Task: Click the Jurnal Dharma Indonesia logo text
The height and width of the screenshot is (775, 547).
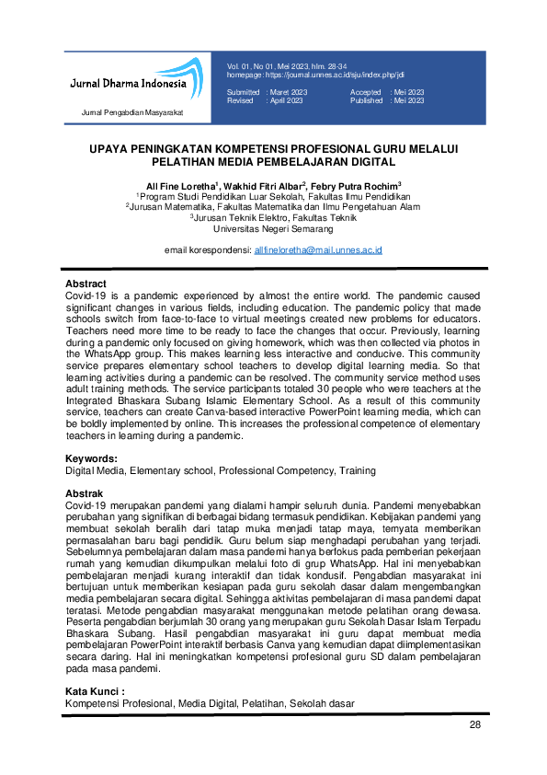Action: [x=128, y=84]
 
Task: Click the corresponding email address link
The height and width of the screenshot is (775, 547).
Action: [x=317, y=249]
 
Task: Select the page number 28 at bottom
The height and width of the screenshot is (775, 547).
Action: [x=475, y=725]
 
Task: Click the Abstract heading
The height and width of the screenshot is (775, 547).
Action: [x=85, y=283]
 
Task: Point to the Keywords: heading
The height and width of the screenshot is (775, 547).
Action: [x=91, y=458]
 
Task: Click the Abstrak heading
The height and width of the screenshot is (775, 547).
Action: [x=84, y=494]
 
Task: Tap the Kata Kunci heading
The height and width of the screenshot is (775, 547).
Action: [x=94, y=691]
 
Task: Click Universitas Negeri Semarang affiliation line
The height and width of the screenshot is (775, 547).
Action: [x=273, y=228]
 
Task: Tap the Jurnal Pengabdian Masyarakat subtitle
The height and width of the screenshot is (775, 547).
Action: [x=132, y=112]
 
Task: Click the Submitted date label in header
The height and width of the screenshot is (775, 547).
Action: [x=244, y=93]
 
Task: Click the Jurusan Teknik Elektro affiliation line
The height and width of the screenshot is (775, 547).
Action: [x=273, y=217]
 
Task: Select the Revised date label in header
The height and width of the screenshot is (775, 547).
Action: [x=241, y=101]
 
